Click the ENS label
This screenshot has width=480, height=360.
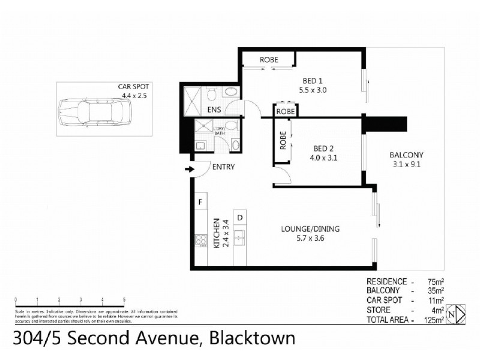click(214, 110)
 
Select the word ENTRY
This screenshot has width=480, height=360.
click(223, 167)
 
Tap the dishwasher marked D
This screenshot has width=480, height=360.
click(239, 217)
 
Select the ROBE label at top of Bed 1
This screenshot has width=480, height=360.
click(268, 60)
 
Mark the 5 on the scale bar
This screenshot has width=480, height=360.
click(124, 299)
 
